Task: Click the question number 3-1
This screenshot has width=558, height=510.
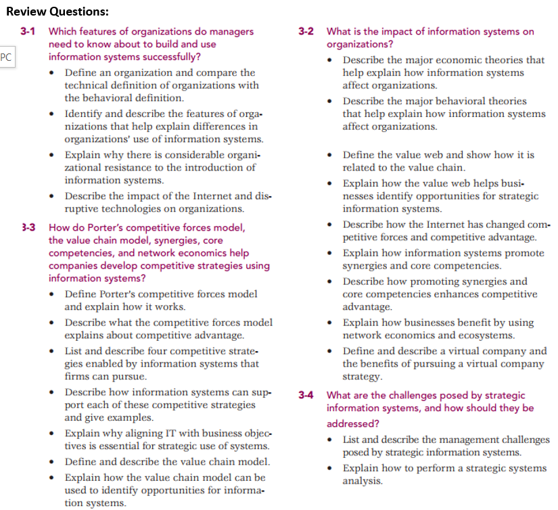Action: click(28, 31)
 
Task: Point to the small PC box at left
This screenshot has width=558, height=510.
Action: click(6, 57)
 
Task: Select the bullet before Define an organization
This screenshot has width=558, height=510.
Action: click(53, 72)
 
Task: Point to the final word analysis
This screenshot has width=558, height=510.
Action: click(362, 482)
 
